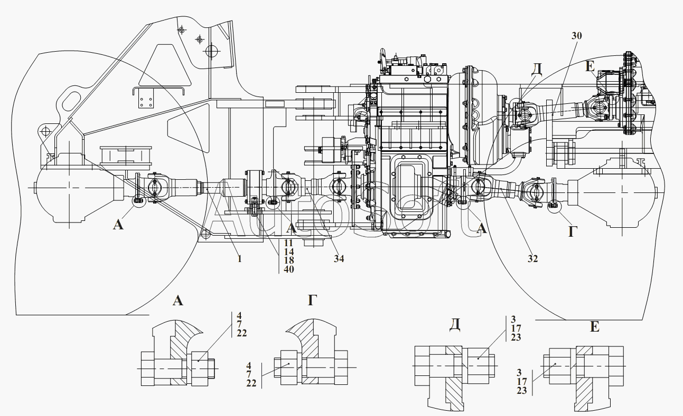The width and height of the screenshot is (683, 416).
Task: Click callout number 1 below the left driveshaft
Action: (x=239, y=258)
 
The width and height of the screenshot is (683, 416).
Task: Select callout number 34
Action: (x=339, y=258)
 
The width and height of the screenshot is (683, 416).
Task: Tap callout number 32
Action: (x=533, y=258)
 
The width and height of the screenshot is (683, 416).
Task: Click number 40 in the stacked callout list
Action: (x=288, y=269)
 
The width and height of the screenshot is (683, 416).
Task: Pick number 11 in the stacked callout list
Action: (x=288, y=244)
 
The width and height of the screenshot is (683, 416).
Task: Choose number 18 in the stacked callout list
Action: (x=288, y=260)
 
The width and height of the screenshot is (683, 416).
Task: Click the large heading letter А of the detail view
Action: (x=178, y=301)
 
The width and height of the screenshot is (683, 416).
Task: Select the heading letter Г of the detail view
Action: (x=313, y=301)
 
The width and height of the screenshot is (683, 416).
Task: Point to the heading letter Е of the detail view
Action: (x=594, y=327)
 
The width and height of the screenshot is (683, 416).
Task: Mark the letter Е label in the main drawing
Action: (x=590, y=67)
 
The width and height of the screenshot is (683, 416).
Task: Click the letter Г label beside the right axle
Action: (x=572, y=230)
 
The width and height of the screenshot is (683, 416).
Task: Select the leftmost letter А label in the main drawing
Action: (x=118, y=225)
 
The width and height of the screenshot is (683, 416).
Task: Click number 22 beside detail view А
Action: (x=242, y=333)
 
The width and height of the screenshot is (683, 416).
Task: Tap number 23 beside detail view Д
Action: (x=516, y=337)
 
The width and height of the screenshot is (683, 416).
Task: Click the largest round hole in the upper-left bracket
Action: (x=211, y=51)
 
